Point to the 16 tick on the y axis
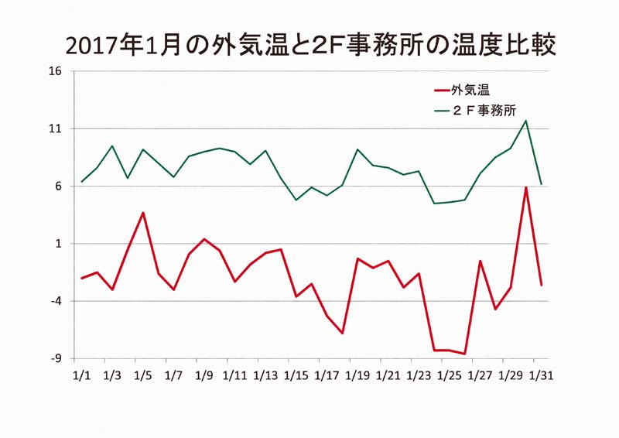pyautogui.click(x=56, y=71)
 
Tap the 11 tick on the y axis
pyautogui.click(x=56, y=128)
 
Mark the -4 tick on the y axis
pyautogui.click(x=56, y=301)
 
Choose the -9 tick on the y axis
pyautogui.click(x=56, y=358)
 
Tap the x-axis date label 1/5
pyautogui.click(x=142, y=375)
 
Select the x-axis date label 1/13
pyautogui.click(x=265, y=375)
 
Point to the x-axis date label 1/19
pyautogui.click(x=357, y=375)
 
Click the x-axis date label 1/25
pyautogui.click(x=449, y=375)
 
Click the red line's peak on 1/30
pyautogui.click(x=526, y=186)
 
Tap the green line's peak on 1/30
pyautogui.click(x=526, y=121)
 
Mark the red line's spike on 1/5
pyautogui.click(x=143, y=213)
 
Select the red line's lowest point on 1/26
pyautogui.click(x=465, y=354)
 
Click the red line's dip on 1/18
pyautogui.click(x=342, y=334)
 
